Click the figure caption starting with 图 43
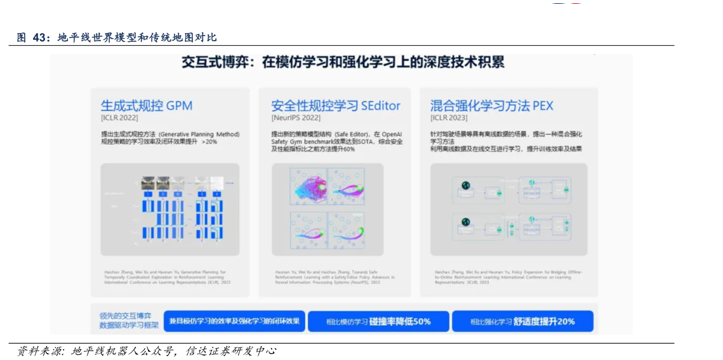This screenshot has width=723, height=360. click(x=117, y=37)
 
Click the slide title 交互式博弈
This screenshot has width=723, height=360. click(x=343, y=62)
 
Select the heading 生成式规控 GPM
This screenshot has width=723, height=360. click(x=147, y=105)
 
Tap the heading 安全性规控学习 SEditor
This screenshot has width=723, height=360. click(x=336, y=105)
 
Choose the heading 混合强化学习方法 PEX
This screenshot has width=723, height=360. click(x=492, y=105)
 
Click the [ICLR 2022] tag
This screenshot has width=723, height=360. click(x=119, y=118)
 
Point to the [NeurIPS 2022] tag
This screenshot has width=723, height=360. click(x=296, y=118)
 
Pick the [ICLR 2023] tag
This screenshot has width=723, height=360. click(x=449, y=118)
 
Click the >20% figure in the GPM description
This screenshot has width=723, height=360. click(x=209, y=142)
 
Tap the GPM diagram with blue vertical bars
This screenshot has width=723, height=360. click(x=170, y=210)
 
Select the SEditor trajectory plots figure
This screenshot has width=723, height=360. click(x=328, y=210)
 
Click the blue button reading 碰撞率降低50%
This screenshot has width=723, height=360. click(x=378, y=321)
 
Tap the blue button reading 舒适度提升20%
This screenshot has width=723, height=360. click(x=522, y=321)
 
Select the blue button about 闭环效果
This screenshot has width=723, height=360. click(x=234, y=321)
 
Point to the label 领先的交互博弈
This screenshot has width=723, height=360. click(x=126, y=316)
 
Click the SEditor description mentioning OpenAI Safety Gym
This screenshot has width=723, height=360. click(x=336, y=142)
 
